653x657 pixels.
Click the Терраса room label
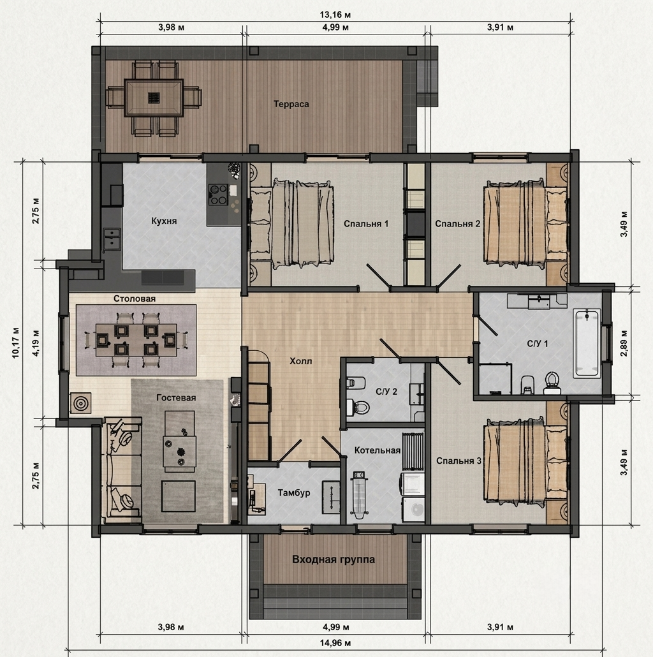[x=291, y=104]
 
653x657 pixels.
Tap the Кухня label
[x=164, y=221]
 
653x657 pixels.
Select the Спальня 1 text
[x=366, y=224]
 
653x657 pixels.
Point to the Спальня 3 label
[x=459, y=461]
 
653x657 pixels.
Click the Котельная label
[x=378, y=450]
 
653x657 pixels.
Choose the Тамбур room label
[x=294, y=492]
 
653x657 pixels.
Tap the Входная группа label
[x=334, y=560]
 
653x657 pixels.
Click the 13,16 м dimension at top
[x=335, y=15]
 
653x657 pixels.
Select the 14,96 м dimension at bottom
[x=335, y=643]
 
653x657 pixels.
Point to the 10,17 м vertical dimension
[x=16, y=343]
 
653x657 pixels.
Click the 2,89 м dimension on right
[x=624, y=343]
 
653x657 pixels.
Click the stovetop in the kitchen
[x=218, y=195]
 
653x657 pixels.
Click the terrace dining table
[x=154, y=98]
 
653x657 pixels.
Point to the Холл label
[x=301, y=361]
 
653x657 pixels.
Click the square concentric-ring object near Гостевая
[x=80, y=403]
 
